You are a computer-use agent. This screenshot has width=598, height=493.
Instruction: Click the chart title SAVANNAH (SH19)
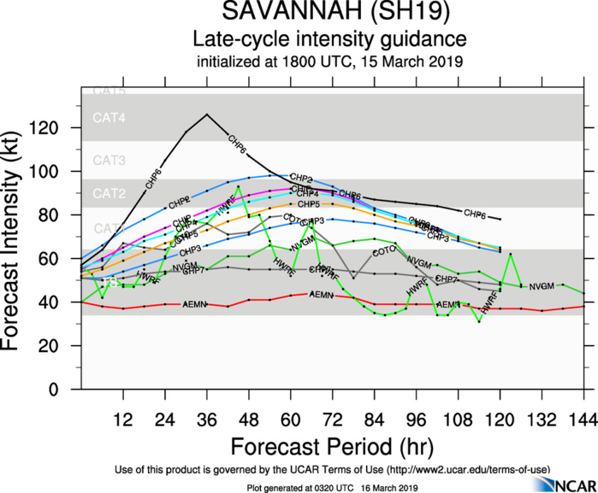(329, 15)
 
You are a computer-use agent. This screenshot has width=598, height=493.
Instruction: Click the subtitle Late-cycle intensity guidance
(329, 39)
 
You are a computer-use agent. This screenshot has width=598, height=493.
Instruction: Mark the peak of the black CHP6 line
(206, 114)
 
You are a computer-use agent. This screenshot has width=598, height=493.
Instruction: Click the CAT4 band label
(110, 119)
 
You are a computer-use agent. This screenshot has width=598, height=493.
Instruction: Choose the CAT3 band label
(110, 161)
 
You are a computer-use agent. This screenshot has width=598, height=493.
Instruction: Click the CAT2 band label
(110, 193)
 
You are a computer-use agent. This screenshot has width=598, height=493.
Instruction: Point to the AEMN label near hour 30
(194, 304)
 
